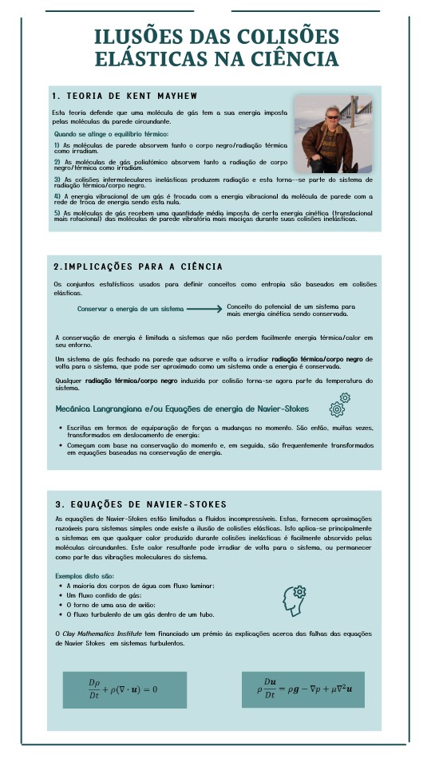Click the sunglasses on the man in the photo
click(332, 116)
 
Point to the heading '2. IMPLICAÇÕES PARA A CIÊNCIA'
click(137, 266)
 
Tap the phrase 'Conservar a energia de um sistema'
click(130, 308)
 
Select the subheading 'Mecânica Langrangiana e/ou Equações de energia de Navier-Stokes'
click(182, 408)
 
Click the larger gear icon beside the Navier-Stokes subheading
click(337, 409)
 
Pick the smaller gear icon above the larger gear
click(345, 397)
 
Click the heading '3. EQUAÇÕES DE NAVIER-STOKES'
click(141, 504)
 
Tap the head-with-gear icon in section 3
click(294, 600)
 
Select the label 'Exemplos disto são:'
click(85, 575)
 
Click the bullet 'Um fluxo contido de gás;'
click(104, 595)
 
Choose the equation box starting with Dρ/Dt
click(125, 689)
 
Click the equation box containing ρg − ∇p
click(302, 689)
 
